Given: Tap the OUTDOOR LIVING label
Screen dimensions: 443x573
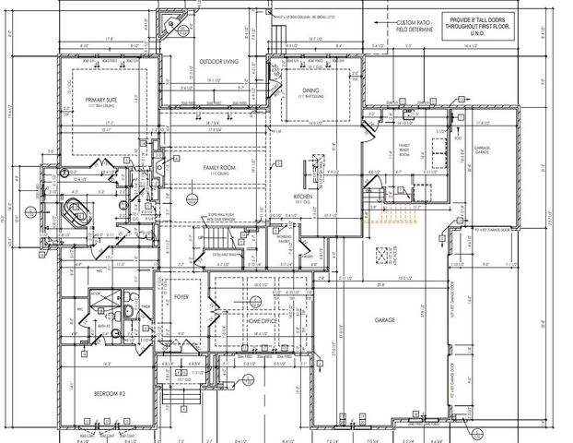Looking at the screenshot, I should [219, 62].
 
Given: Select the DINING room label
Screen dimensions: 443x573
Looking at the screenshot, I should [310, 90].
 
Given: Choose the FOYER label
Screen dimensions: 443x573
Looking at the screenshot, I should [181, 298].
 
